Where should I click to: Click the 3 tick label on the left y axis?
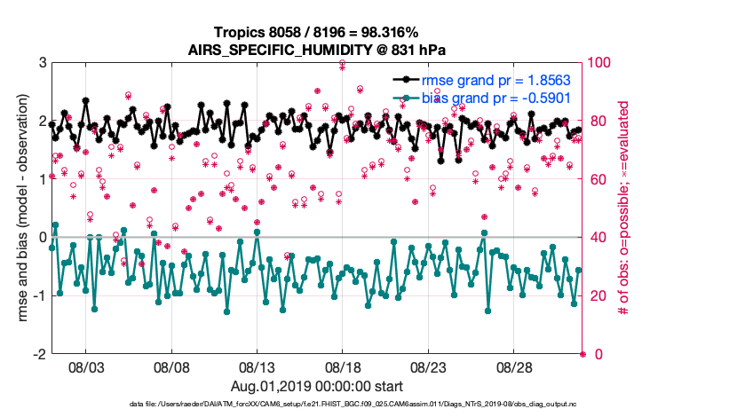[x=42, y=63]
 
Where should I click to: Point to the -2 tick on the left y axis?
[x=39, y=354]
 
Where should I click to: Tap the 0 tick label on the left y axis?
[x=42, y=238]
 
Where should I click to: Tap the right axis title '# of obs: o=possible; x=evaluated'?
[x=626, y=208]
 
